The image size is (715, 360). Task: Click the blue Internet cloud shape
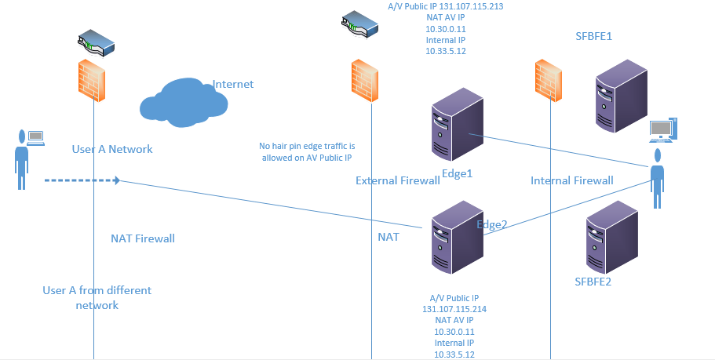[x=184, y=103]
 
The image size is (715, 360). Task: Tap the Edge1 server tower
[x=458, y=125]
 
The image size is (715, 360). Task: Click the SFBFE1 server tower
[x=622, y=96]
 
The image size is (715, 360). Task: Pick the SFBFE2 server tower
[x=611, y=237]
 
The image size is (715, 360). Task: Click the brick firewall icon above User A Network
[x=92, y=82]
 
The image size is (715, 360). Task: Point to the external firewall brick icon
[x=365, y=81]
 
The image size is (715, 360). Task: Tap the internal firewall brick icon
[x=548, y=81]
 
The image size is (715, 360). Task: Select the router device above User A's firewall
[x=96, y=43]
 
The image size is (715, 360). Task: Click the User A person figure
[x=21, y=159]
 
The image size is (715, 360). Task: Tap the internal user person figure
[x=657, y=178]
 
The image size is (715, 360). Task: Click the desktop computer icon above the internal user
[x=663, y=130]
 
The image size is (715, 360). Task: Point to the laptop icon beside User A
[x=36, y=139]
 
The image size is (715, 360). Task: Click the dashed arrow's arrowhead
[x=117, y=180]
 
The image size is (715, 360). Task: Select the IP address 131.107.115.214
[x=454, y=309]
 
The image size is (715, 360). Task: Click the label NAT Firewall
[x=143, y=238]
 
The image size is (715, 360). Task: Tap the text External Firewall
[x=398, y=180]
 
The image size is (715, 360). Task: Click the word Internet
[x=233, y=84]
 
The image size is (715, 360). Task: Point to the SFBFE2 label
[x=593, y=282]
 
